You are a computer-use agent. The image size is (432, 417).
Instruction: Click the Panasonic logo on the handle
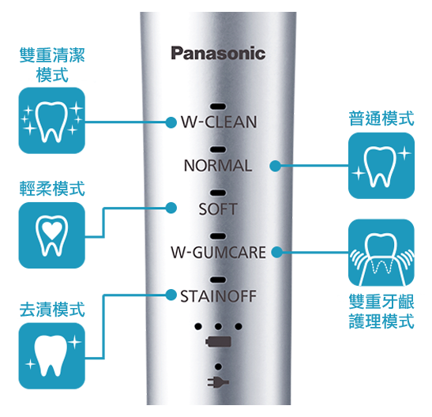218,54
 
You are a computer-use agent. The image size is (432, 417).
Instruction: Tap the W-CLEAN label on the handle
219,122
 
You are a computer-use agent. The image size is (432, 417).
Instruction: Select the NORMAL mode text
218,166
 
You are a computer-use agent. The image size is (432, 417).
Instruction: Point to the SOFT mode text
218,209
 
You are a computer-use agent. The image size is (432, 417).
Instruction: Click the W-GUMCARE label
219,252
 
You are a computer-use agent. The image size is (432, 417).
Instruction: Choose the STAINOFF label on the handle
218,296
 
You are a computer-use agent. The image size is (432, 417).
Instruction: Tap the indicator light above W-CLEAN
218,107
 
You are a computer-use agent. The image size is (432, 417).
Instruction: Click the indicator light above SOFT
218,193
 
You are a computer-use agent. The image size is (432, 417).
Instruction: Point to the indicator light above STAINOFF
218,280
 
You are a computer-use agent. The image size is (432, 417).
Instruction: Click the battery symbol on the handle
218,342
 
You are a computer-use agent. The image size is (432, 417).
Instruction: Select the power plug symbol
218,382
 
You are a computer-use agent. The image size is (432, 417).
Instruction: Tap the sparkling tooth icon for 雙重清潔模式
52,120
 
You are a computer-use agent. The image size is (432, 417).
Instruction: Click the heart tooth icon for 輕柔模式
52,235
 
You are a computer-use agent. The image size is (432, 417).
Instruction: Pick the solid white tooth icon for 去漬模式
52,356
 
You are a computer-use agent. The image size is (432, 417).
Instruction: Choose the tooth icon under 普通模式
381,166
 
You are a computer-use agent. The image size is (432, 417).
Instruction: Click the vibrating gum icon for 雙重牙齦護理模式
381,253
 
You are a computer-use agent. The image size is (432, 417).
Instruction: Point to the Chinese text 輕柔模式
52,189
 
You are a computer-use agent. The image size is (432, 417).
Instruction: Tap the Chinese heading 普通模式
381,118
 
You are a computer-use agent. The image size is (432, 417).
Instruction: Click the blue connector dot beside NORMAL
276,166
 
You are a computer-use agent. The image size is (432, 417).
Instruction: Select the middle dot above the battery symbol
218,326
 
